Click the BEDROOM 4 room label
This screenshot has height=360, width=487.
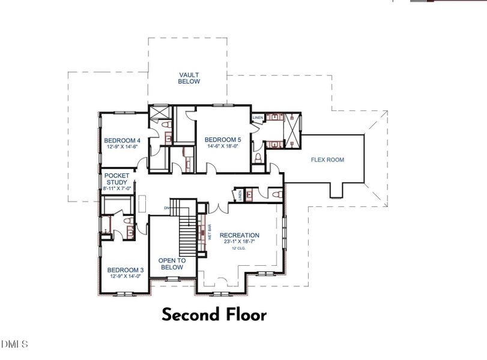(123, 140)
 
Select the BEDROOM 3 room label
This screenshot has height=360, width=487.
(125, 270)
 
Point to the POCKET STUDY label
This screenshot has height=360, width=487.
(117, 178)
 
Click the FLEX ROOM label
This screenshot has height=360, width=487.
(327, 160)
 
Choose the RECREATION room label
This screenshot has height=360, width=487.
(239, 235)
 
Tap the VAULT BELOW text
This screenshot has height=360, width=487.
(189, 78)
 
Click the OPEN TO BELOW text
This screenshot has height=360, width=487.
(172, 264)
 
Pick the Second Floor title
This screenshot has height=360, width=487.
(213, 314)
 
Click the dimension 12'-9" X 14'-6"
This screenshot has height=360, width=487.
(123, 147)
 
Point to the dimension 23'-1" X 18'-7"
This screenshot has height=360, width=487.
(239, 242)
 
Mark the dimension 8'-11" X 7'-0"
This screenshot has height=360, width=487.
(117, 188)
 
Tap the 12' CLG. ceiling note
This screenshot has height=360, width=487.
(239, 248)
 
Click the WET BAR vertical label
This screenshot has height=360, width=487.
(210, 232)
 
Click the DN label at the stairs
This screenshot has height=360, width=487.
(166, 208)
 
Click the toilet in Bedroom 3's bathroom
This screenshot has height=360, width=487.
(128, 221)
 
